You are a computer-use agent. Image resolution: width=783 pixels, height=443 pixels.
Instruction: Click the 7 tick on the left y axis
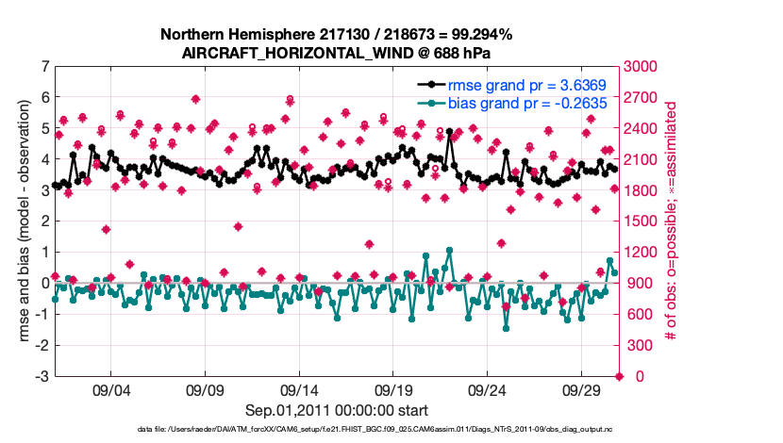[44, 67]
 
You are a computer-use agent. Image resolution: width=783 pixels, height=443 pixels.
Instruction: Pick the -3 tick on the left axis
[42, 377]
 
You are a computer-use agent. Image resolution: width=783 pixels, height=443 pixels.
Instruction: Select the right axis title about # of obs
[671, 221]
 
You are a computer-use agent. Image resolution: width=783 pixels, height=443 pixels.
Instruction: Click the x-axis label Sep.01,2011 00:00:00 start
[337, 410]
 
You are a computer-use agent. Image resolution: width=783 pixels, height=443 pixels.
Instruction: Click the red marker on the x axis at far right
[619, 377]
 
